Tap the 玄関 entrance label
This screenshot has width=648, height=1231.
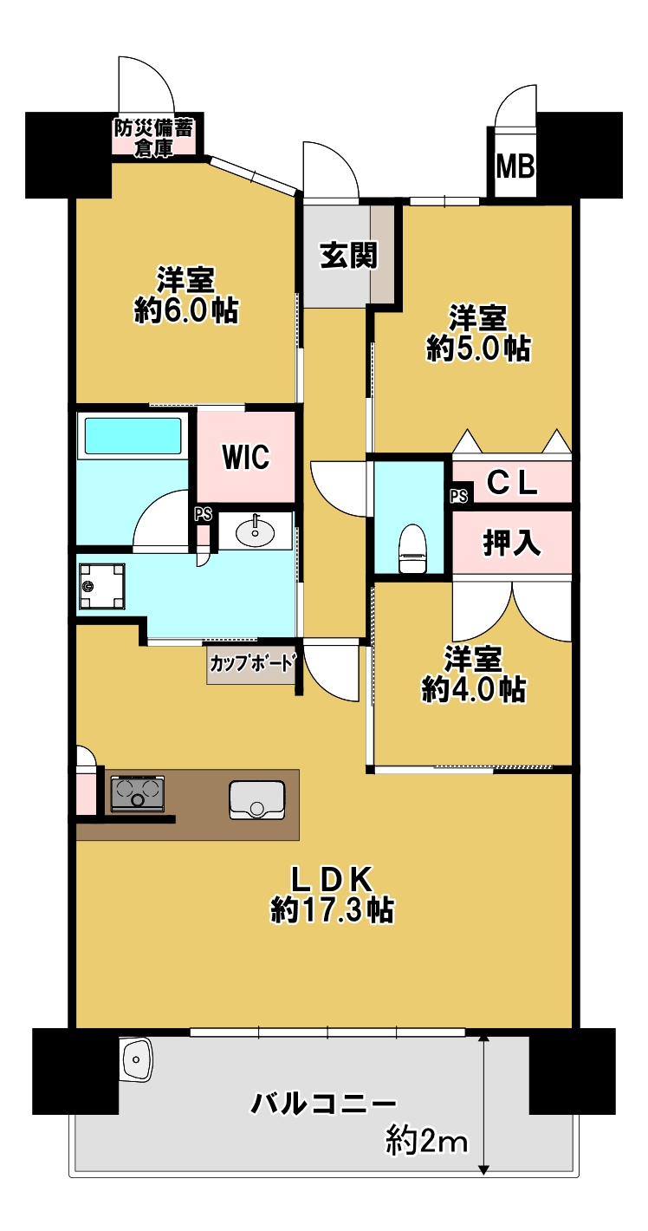coord(349,255)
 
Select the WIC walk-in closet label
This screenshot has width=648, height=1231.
coord(245,456)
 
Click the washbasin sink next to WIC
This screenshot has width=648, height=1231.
coord(255,531)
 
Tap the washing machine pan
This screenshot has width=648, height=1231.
coord(101,586)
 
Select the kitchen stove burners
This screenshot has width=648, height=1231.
coord(137,793)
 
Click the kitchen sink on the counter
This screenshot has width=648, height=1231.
coord(256,801)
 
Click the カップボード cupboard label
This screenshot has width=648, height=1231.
coord(251,663)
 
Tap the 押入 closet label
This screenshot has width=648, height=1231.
coord(511,543)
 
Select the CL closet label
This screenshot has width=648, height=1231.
coord(511,483)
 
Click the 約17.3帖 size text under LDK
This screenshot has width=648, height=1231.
coord(333,910)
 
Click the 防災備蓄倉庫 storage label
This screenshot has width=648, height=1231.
coord(153,139)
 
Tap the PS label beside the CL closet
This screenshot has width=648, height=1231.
coord(459,496)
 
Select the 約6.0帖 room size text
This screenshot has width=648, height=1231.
coord(186,310)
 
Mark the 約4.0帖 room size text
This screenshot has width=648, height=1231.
coord(473,689)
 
